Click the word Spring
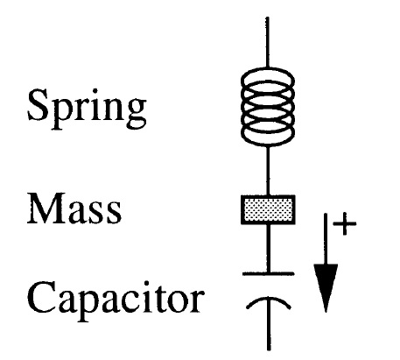pos(87,109)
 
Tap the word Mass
pos(74,208)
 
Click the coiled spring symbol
pos(268,106)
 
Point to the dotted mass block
pos(268,209)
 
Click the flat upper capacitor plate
pos(269,273)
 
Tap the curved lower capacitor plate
pos(269,300)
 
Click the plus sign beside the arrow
pos(345,224)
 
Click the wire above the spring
pos(267,42)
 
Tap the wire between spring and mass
pos(268,170)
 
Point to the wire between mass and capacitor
pos(269,248)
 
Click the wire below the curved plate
pos(269,324)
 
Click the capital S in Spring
pos(39,105)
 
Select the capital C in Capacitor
pos(41,297)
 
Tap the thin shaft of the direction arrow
pos(326,239)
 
